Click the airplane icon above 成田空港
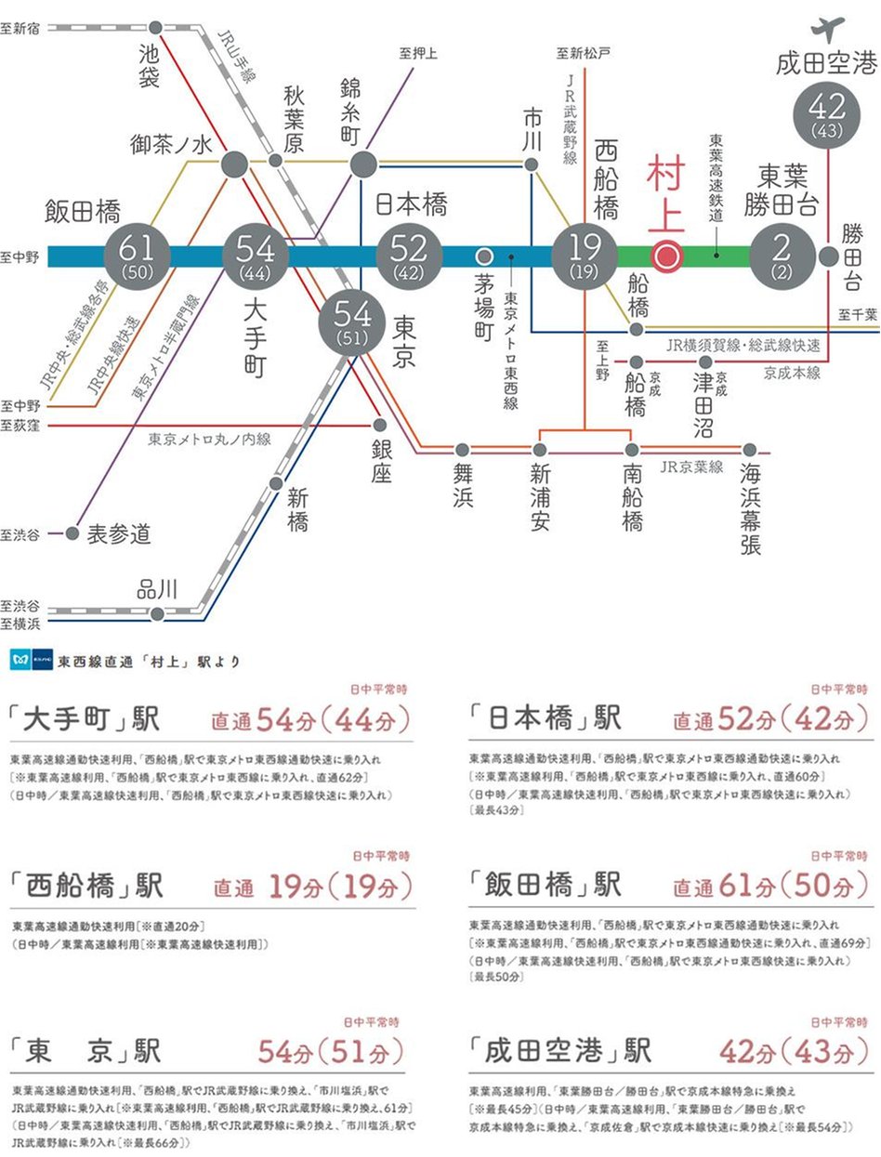pos(827,27)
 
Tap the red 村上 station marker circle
pos(665,256)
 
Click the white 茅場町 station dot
pos(483,256)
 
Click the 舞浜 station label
pos(464,485)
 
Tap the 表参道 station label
pos(119,534)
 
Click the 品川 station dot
pos(158,613)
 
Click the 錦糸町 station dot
pos(362,164)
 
